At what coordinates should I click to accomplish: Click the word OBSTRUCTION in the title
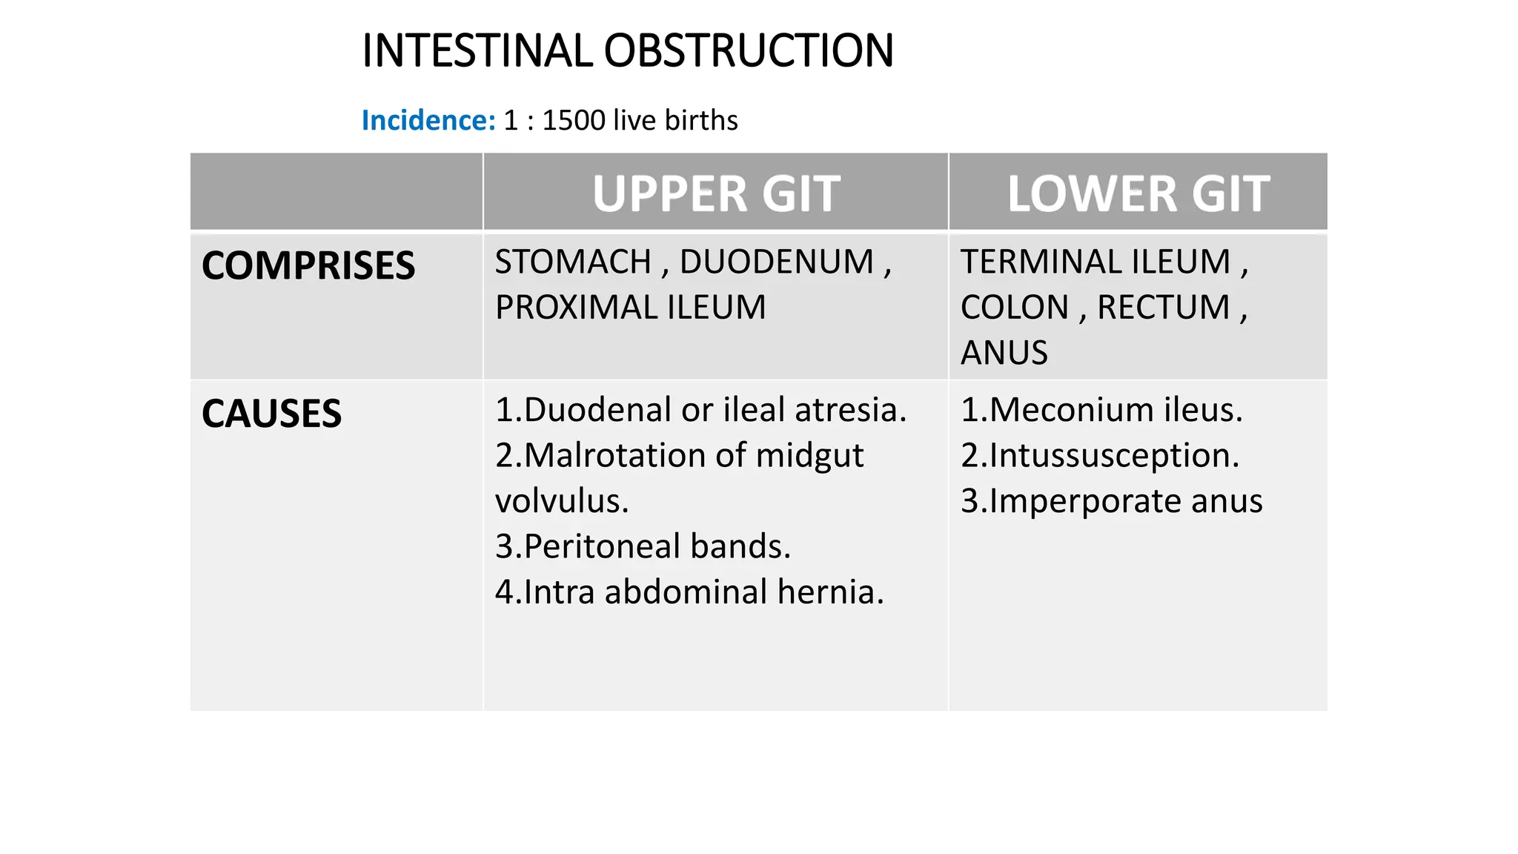749,51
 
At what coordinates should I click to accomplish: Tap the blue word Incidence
428,120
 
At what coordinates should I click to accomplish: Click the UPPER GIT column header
716,193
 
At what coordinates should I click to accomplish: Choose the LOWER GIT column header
1138,193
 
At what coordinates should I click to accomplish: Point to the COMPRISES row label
308,265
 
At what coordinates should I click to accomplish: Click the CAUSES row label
271,414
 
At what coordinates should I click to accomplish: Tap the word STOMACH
573,262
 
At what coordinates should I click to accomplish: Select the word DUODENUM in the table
777,262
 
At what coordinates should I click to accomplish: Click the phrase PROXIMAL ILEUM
630,308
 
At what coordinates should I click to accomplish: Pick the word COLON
1014,308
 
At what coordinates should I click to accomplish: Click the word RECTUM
1163,308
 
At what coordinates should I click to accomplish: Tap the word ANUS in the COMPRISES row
1004,353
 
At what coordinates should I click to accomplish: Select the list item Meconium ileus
1101,410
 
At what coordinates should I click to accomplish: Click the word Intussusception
1114,455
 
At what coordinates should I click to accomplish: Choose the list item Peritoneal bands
643,546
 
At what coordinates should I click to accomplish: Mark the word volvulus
562,501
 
